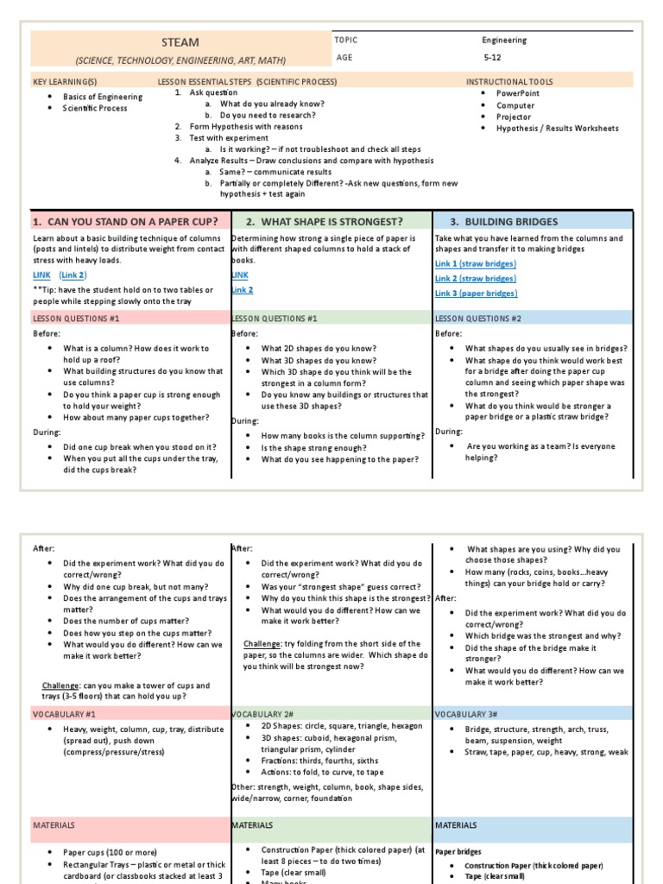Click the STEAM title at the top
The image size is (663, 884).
tap(180, 42)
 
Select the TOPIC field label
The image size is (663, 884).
tap(345, 40)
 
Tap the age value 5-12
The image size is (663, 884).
tap(492, 60)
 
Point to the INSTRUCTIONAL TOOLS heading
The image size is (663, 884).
tap(509, 81)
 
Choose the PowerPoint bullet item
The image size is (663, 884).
tap(517, 92)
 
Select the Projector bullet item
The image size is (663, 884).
tap(514, 117)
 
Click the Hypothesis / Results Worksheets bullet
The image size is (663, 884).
tap(557, 129)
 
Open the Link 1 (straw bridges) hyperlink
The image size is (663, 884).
tap(475, 263)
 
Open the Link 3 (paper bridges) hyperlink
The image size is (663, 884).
tap(475, 294)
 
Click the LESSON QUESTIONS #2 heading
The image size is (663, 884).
tap(478, 318)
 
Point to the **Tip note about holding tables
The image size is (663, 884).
tap(123, 295)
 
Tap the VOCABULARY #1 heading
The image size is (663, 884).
tap(64, 714)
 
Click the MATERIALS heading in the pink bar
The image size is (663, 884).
tap(54, 825)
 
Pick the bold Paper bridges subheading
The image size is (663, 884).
tap(458, 851)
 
